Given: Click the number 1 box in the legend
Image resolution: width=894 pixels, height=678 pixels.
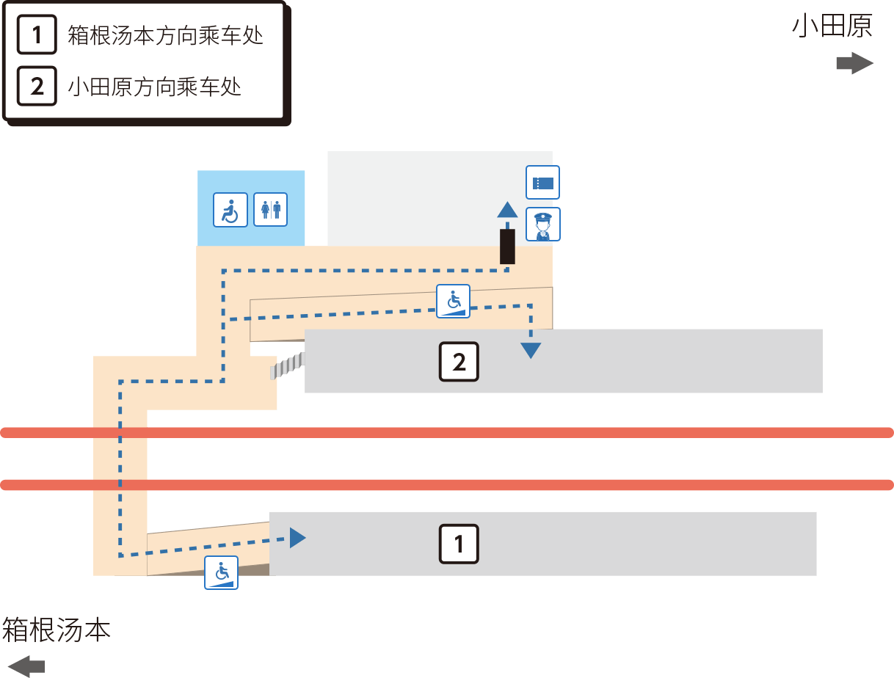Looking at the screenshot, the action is (37, 34).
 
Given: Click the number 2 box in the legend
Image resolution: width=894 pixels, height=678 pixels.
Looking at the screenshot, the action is (37, 86).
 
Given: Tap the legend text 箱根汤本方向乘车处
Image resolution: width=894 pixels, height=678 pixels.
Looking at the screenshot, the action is (165, 35).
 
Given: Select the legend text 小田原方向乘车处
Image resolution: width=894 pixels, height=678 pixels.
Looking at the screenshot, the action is (154, 87).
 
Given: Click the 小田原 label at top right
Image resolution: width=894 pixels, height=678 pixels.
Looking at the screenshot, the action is (832, 26).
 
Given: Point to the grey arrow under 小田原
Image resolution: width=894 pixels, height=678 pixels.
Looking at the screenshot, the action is (855, 63).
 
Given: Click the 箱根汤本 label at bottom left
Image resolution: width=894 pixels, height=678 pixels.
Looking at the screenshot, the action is (57, 630).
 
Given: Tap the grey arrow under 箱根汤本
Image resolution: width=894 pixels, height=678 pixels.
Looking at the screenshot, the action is (26, 666).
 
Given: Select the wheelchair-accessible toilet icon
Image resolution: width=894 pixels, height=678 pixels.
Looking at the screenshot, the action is (230, 210).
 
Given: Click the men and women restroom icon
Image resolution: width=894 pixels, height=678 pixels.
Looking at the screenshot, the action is (270, 210).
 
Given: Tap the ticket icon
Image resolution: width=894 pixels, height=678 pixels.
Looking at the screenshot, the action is (542, 183).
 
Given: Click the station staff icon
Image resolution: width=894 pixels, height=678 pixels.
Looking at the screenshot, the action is (543, 225).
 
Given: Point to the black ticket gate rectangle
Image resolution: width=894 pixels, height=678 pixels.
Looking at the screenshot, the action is (507, 247).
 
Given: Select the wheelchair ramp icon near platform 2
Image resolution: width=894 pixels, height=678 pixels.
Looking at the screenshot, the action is (453, 302).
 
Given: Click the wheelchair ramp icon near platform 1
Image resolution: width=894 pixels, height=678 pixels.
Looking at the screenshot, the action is (221, 572).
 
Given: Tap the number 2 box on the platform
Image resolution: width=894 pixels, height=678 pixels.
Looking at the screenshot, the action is (459, 362).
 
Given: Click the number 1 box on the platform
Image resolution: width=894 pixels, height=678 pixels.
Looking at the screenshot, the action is (459, 544).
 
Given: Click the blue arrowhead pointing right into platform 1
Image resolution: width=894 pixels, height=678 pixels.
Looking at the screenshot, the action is (298, 538).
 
